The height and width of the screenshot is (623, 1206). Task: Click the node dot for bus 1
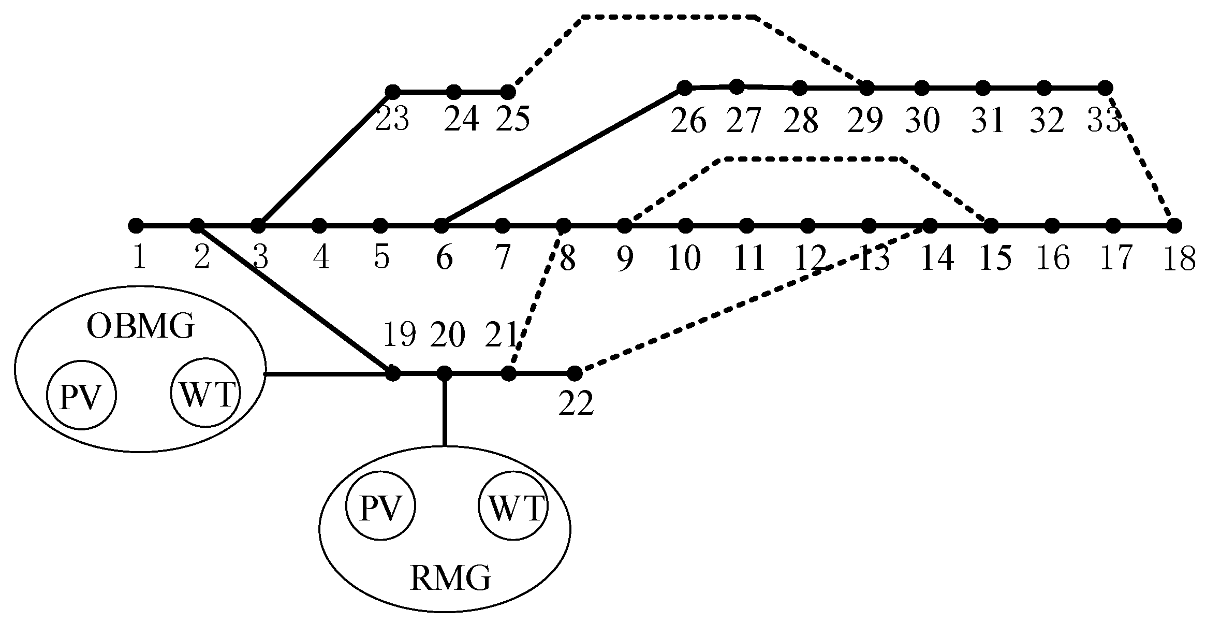tap(136, 226)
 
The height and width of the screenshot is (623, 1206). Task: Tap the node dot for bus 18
tap(1174, 226)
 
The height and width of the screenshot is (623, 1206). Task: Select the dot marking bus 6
tap(441, 226)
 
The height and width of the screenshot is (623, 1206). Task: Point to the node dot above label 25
tap(508, 92)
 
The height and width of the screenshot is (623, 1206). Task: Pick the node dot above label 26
tap(684, 88)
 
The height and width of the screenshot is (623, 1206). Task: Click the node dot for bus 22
tap(575, 373)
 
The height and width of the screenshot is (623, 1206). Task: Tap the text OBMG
tap(140, 327)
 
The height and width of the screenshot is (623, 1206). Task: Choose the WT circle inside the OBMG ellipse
tap(206, 393)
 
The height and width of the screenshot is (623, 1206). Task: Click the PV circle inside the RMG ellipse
tap(380, 508)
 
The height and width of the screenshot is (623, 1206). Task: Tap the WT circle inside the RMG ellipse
tap(513, 508)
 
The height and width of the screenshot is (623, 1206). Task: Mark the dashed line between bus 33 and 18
tap(1141, 161)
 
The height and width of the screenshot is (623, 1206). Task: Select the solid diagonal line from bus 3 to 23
tap(326, 158)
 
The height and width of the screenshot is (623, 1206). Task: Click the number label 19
tap(399, 335)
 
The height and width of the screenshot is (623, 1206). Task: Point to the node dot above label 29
tap(867, 88)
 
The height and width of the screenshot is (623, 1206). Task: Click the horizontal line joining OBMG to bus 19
tap(326, 373)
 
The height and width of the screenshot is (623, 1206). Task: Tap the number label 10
tap(684, 258)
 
